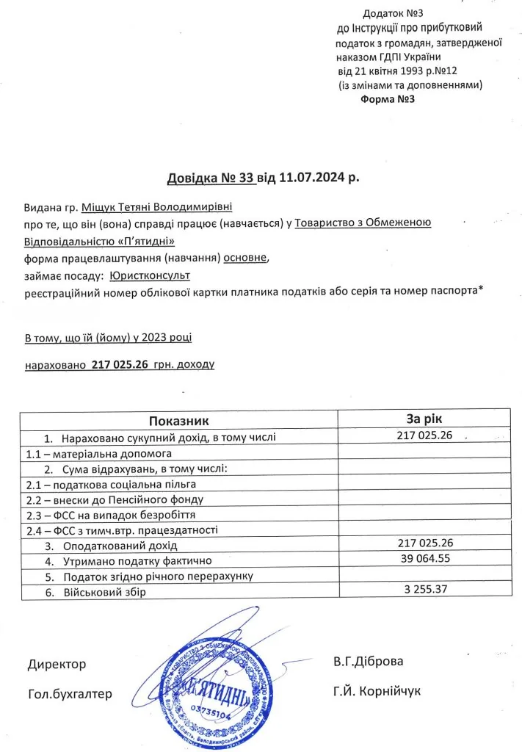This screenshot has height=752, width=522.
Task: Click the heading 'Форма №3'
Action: click(x=388, y=99)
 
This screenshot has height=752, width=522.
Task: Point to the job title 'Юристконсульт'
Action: click(x=150, y=275)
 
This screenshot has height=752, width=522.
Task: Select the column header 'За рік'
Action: click(x=424, y=419)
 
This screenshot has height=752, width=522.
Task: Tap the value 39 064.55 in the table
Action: click(x=422, y=560)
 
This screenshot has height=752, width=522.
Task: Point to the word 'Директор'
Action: click(x=57, y=664)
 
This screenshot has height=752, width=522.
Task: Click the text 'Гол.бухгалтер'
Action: click(x=70, y=694)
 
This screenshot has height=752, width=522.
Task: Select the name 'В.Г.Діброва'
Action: click(x=368, y=661)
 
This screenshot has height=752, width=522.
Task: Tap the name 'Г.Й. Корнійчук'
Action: click(x=377, y=691)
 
